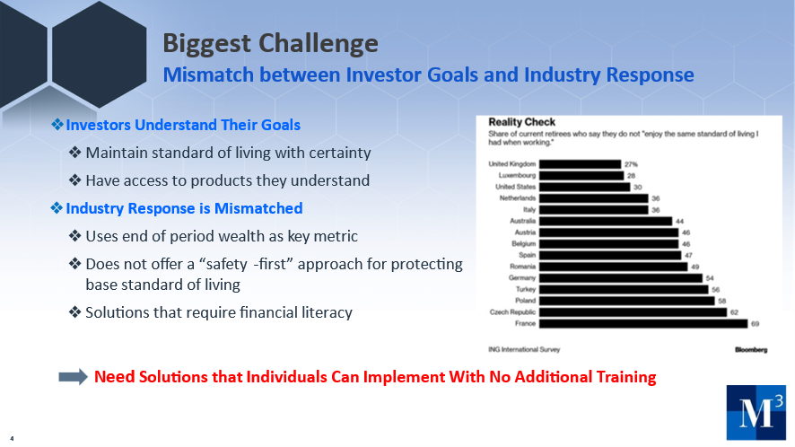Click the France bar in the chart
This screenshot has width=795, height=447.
[x=643, y=324]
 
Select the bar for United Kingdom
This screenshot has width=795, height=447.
[x=580, y=164]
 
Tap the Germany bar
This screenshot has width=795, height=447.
[x=621, y=278]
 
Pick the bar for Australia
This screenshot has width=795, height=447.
[x=606, y=221]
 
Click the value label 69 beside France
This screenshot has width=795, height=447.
[x=755, y=324]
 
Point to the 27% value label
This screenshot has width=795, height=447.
[x=631, y=164]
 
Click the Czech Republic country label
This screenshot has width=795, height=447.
[x=512, y=312]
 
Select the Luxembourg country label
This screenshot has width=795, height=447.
[x=517, y=175]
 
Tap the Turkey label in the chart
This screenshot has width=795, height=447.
[x=526, y=289]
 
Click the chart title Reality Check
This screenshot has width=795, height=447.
[x=521, y=122]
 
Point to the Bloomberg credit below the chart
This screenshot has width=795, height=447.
[x=751, y=349]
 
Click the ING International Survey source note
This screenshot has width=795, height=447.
[x=524, y=349]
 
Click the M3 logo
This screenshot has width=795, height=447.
[x=756, y=412]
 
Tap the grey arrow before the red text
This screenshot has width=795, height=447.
[x=74, y=377]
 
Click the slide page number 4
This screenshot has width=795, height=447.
[x=12, y=438]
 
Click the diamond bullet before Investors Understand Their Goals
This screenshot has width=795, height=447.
[x=57, y=124]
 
